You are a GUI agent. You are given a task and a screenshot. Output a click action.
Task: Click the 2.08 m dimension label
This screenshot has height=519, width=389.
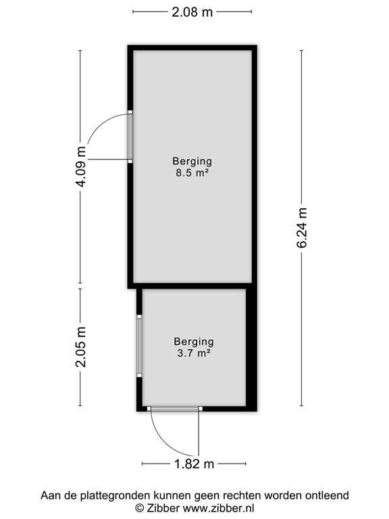tap(192, 12)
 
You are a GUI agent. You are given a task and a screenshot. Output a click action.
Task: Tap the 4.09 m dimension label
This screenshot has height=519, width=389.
tap(81, 166)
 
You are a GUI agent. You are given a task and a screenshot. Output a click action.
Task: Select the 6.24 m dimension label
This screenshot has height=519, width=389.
tap(302, 228)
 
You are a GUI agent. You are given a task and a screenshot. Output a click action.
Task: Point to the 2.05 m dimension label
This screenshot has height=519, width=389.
tap(81, 347)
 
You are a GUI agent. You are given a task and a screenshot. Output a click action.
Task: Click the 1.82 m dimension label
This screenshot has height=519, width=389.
tap(194, 464)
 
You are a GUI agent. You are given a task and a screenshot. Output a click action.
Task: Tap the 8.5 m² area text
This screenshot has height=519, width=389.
tap(192, 173)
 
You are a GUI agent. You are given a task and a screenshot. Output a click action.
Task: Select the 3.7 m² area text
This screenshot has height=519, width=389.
tap(194, 353)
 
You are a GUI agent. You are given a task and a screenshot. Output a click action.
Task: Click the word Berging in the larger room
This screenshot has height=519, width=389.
tap(192, 162)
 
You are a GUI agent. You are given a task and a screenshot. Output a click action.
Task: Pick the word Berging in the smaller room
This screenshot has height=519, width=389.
tap(194, 342)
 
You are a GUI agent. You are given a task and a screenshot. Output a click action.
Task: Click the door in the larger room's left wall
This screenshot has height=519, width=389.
tap(130, 137)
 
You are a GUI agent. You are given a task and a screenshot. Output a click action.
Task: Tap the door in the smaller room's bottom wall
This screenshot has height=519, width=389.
tap(174, 409)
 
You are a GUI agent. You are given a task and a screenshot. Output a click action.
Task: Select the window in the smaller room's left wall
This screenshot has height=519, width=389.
tap(139, 346)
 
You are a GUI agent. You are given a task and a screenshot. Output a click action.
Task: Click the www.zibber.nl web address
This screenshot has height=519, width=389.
tap(219, 508)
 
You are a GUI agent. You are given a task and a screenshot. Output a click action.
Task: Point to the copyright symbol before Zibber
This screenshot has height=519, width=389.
tap(140, 508)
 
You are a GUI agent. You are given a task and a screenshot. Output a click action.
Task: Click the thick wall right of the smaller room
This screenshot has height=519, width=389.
tap(251, 347)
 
